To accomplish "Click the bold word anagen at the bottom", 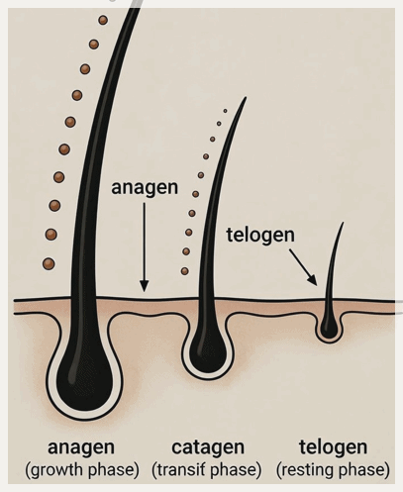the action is (81, 448).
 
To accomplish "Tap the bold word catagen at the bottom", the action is (208, 448).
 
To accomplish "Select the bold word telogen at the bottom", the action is (334, 448).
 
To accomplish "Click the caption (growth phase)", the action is (82, 470).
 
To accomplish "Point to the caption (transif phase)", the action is (207, 470).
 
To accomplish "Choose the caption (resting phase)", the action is (333, 470).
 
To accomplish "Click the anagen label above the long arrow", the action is (145, 188).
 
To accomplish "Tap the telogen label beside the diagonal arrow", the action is (260, 236).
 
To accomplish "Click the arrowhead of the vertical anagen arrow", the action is (144, 286).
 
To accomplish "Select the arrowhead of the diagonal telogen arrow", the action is (313, 280).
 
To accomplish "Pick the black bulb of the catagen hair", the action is (208, 350).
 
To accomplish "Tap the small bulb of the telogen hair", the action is (329, 328).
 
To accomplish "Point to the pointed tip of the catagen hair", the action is (246, 97).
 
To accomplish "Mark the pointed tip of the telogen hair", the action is (343, 223).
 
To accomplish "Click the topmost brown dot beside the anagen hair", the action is (103, 20).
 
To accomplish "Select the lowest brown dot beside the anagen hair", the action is (49, 263).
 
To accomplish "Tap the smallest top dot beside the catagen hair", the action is (225, 111).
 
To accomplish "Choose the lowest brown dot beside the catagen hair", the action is (185, 271).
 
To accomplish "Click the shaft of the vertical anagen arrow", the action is (144, 245).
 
